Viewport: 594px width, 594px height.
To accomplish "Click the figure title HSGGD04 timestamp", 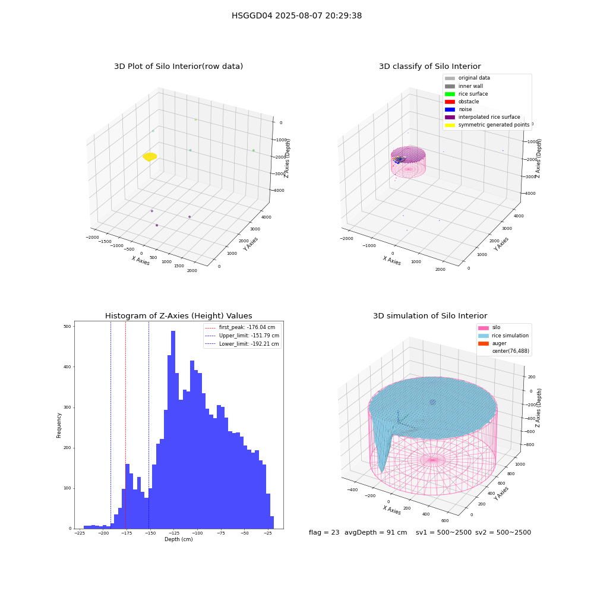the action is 296,15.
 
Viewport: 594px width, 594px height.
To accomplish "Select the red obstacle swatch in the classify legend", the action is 450,102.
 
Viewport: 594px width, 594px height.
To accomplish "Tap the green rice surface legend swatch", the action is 450,94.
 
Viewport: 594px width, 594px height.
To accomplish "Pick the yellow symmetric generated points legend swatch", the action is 450,125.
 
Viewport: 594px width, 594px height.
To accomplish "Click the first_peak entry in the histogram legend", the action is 242,327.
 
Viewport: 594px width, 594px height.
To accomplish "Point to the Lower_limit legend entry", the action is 242,344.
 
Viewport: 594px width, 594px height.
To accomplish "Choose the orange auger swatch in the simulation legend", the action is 484,343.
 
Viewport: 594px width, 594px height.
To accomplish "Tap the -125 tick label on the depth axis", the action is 173,533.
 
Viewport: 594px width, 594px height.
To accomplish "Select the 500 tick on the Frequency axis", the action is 68,326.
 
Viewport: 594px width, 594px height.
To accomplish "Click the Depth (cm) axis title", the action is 178,539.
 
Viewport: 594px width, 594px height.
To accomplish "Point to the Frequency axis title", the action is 59,425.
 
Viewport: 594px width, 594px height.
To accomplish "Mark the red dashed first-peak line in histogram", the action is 125,425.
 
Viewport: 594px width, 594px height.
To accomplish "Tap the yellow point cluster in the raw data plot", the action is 150,156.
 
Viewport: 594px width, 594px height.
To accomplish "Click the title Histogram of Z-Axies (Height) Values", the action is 178,315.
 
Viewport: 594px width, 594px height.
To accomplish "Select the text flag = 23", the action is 324,532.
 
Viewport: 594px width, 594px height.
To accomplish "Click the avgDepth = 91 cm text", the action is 375,532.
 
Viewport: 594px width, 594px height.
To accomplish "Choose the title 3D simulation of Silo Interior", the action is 430,315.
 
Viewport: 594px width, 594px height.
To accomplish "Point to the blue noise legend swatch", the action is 450,109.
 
